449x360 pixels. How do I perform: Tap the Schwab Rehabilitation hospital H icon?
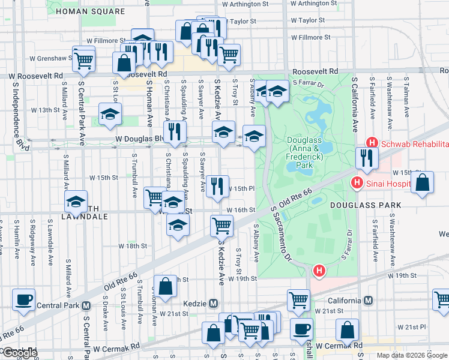tap(372, 143)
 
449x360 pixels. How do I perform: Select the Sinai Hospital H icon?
tap(357, 182)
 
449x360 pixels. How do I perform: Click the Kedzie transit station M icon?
tap(212, 303)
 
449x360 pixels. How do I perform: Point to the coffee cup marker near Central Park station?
tap(23, 299)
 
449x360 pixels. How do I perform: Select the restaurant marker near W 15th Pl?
tap(217, 185)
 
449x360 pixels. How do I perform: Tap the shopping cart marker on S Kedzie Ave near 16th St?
tap(221, 226)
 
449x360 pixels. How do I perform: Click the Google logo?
tap(20, 353)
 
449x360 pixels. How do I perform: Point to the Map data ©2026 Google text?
tap(412, 355)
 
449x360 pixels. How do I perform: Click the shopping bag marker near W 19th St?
tap(165, 286)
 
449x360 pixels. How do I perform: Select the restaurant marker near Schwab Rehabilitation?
tap(366, 158)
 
